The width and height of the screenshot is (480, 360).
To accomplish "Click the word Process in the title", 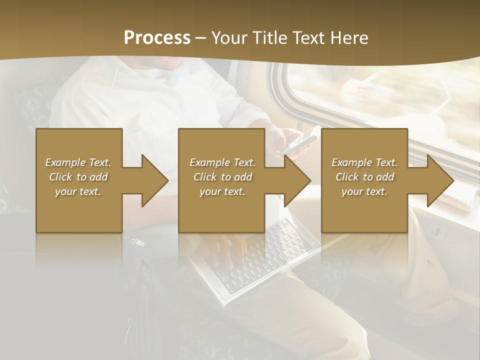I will [x=157, y=38].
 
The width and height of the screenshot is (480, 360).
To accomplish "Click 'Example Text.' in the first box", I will [x=78, y=162].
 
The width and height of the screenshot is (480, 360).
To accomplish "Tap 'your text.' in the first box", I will [x=78, y=191].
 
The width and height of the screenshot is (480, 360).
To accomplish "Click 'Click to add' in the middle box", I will [x=222, y=177].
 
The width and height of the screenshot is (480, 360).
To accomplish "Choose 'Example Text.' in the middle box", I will [x=222, y=162].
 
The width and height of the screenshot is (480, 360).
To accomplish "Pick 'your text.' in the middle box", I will [x=222, y=191].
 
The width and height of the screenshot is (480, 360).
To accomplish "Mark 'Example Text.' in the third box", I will [x=364, y=162].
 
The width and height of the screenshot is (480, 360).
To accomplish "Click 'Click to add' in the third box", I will [x=364, y=177].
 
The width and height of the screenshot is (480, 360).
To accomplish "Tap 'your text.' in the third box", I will [x=364, y=191].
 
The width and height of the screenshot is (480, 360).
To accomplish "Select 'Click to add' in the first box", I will [x=78, y=177].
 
